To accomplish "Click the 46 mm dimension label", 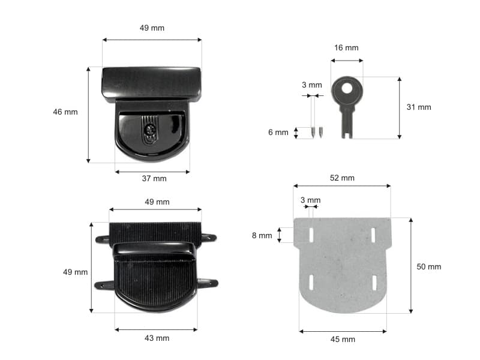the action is (65, 112).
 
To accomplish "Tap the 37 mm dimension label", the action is (154, 178).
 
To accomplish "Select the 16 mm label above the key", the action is (346, 48).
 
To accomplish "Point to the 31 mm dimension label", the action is (419, 107).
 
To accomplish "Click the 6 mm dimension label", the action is (278, 132).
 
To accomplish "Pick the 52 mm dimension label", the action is (342, 178).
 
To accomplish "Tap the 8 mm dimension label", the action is (262, 235).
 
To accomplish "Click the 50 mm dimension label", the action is (429, 266).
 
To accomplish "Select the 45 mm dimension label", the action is (343, 339).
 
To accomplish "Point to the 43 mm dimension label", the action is (157, 338).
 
